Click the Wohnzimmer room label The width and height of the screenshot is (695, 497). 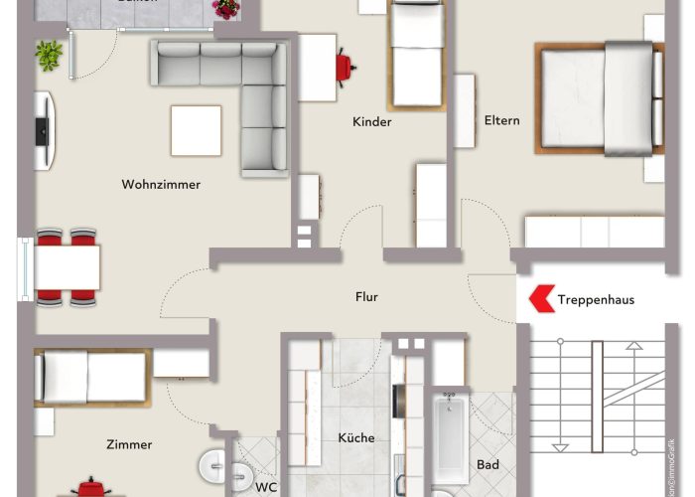pos(161,185)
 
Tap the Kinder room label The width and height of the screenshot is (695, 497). pos(372,122)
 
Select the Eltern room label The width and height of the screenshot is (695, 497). pos(502,121)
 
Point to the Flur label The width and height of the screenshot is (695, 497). pos(367,296)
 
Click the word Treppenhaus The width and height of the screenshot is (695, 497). pos(596,299)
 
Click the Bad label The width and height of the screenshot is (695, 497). pos(487,464)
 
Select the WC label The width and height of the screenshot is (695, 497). pos(266,487)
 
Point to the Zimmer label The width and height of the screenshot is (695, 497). pos(131,444)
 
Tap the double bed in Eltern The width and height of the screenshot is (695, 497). pos(599,97)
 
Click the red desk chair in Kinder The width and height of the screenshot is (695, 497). pos(345,65)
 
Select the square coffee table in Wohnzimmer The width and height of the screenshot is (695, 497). pos(196,130)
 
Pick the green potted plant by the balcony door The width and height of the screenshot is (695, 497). pos(48,55)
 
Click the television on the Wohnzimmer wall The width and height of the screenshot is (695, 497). pos(43,130)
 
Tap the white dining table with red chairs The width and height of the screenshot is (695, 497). pos(68,267)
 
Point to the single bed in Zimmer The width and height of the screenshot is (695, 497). pos(91,377)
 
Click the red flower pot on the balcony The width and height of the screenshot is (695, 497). pos(226,9)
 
